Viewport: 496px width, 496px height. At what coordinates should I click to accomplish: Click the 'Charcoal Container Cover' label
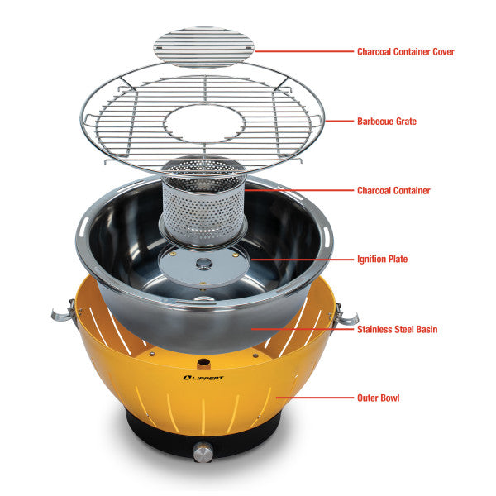[405, 51]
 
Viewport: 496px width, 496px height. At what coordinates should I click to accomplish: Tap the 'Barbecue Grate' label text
[387, 121]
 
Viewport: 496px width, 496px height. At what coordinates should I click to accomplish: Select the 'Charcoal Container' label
[393, 190]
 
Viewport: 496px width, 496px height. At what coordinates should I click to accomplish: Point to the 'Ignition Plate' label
[382, 259]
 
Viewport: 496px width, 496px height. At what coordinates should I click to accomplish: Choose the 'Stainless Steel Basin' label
[397, 329]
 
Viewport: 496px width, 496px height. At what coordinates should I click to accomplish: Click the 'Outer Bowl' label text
[379, 398]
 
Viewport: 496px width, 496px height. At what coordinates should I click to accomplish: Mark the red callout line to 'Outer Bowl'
[314, 398]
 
